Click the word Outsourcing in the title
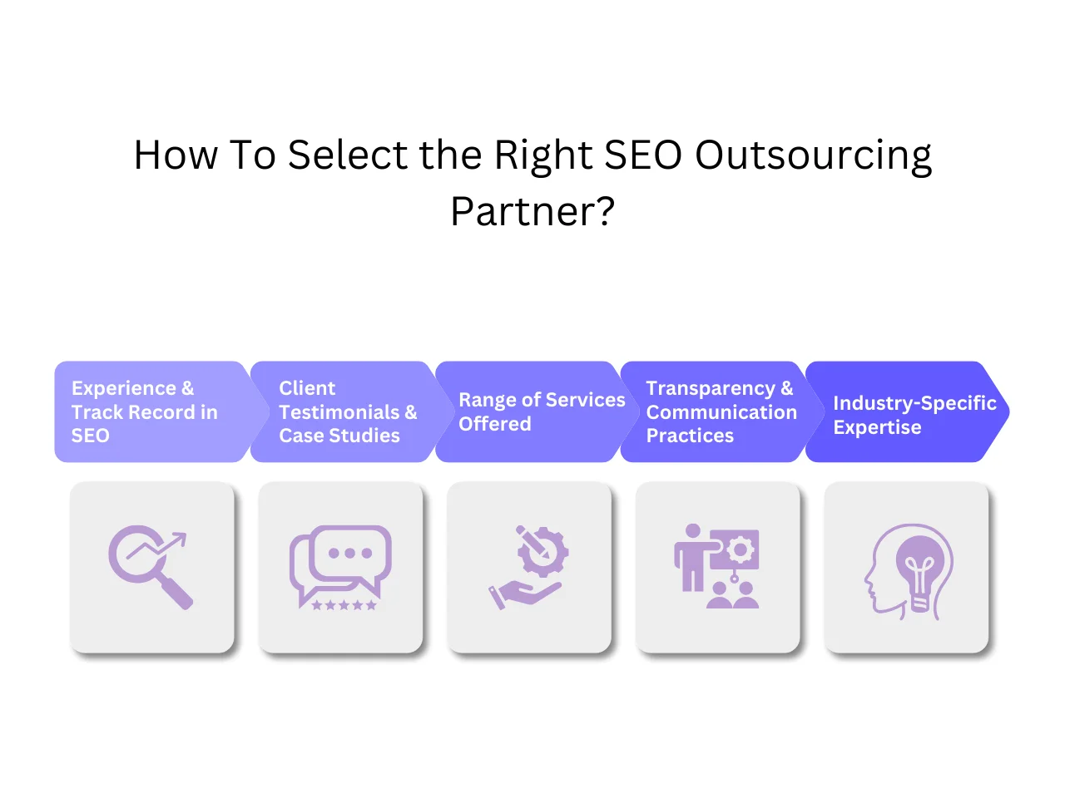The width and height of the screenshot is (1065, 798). tap(813, 156)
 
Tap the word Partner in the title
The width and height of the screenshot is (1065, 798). tap(523, 211)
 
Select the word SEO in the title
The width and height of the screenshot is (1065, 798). tap(643, 155)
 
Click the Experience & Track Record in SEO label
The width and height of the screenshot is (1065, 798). tap(144, 411)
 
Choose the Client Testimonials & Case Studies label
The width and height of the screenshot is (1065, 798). tap(347, 411)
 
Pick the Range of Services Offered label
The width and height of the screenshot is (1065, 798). tap(541, 411)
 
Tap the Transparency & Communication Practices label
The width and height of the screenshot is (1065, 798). tap(721, 411)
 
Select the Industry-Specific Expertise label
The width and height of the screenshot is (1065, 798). tap(914, 415)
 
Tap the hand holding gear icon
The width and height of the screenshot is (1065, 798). tap(529, 567)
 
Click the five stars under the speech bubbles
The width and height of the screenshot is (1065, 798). tap(344, 605)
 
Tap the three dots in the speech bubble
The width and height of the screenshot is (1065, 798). tap(350, 553)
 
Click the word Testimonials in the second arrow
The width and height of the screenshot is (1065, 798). tap(339, 412)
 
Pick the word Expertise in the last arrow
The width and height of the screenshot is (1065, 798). tap(877, 427)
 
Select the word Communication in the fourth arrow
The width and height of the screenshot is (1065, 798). tap(721, 412)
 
